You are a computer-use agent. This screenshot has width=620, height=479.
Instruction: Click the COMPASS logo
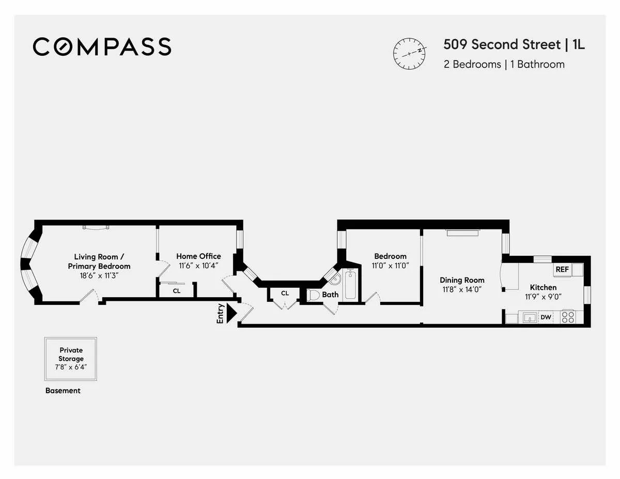(x=102, y=47)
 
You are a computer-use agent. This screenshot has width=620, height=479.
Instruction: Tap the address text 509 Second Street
(x=501, y=45)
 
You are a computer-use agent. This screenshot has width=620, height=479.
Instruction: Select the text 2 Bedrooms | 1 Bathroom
(x=504, y=65)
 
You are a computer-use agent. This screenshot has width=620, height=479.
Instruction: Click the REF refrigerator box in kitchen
(x=562, y=270)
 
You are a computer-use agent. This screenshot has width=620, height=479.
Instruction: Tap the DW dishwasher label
(x=546, y=317)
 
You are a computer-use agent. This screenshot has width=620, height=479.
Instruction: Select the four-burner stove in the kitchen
(x=568, y=317)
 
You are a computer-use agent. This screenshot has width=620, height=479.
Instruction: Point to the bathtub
(x=351, y=284)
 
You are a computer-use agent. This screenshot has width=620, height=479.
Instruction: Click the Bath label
(x=330, y=295)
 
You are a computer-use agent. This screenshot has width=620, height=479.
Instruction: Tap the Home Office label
(x=198, y=256)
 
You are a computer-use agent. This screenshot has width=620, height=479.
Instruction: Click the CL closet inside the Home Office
(x=177, y=291)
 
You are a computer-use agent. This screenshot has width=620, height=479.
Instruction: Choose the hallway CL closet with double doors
(x=285, y=293)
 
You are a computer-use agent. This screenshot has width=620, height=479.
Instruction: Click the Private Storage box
(x=71, y=358)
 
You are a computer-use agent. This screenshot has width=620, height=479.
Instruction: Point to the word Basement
(x=63, y=391)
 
